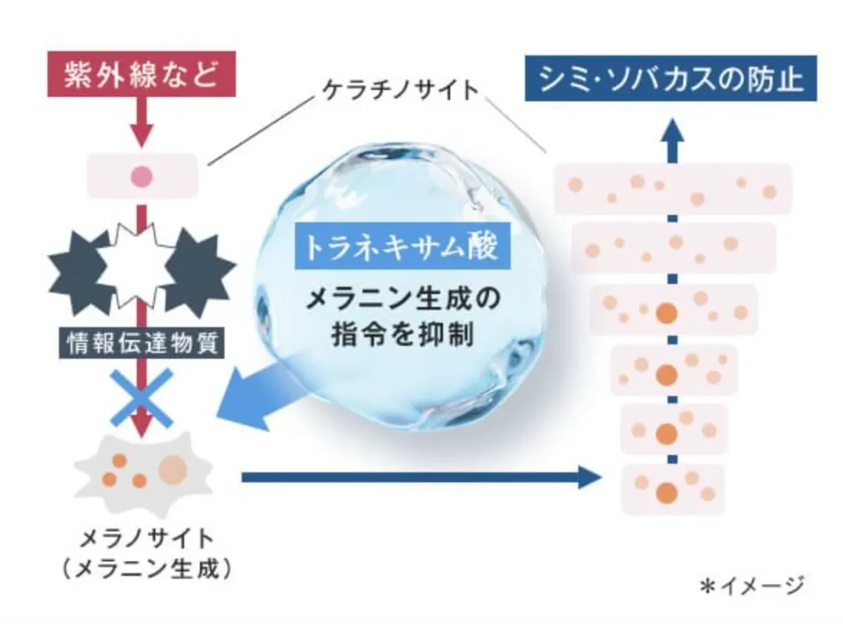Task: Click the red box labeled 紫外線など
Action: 142,74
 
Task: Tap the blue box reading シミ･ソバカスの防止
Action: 670,78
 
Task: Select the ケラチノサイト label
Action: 401,90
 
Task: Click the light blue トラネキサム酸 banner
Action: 402,247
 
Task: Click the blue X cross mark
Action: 142,397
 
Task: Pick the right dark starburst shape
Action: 199,268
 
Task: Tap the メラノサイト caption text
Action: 147,538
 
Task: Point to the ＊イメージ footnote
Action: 752,585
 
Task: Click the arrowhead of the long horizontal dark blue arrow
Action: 589,477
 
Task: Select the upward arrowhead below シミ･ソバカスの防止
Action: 672,131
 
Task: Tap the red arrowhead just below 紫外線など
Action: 142,136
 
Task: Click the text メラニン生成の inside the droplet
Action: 403,299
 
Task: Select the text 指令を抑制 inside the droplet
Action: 403,333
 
